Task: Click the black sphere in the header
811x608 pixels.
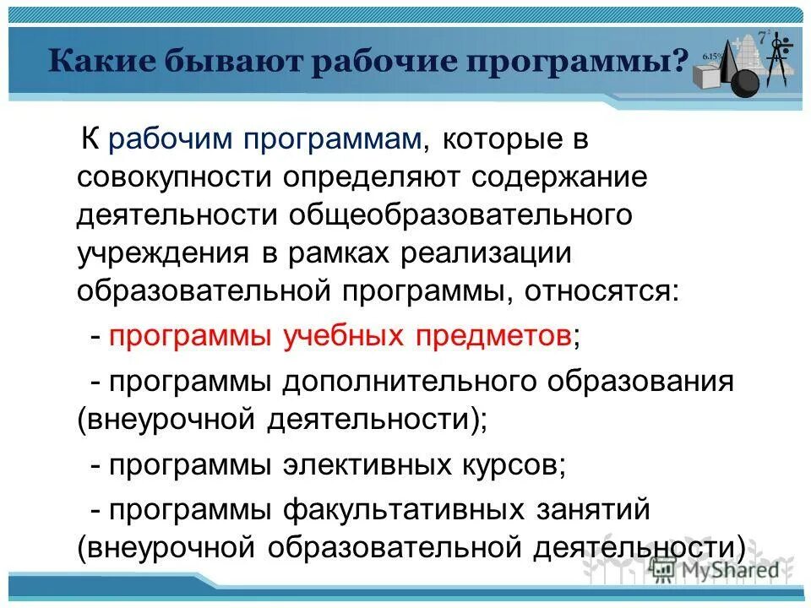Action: coord(745,83)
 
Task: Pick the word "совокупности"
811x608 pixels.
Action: coord(181,177)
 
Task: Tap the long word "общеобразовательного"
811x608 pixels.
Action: coord(461,214)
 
